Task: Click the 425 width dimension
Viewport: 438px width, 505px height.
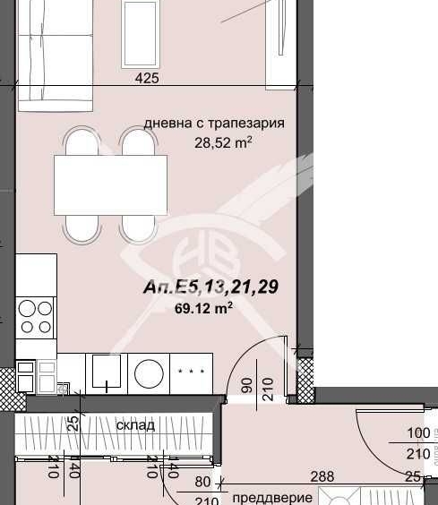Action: tap(147, 79)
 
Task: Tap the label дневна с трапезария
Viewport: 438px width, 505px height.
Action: tap(215, 124)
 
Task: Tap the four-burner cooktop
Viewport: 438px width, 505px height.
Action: tap(37, 317)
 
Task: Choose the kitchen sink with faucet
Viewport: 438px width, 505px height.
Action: tap(107, 372)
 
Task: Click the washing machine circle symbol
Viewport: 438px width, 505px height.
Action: tap(147, 371)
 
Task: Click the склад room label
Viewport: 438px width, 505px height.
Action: tap(135, 424)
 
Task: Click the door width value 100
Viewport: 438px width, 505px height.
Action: tap(418, 433)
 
